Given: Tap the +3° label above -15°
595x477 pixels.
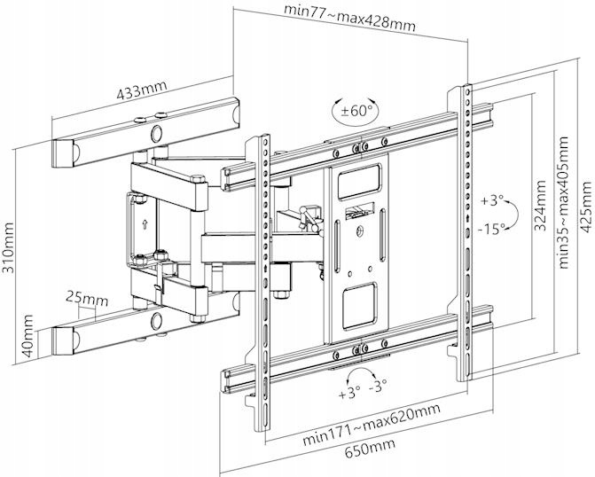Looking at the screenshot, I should (493, 199).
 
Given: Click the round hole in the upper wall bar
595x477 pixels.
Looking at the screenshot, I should (156, 134).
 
